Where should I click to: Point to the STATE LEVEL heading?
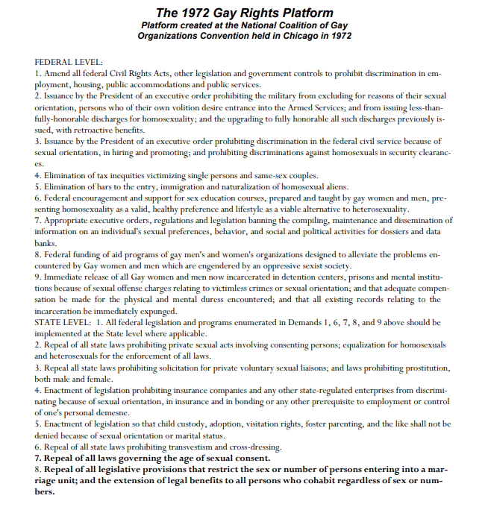[63, 322]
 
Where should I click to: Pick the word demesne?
[113, 413]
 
